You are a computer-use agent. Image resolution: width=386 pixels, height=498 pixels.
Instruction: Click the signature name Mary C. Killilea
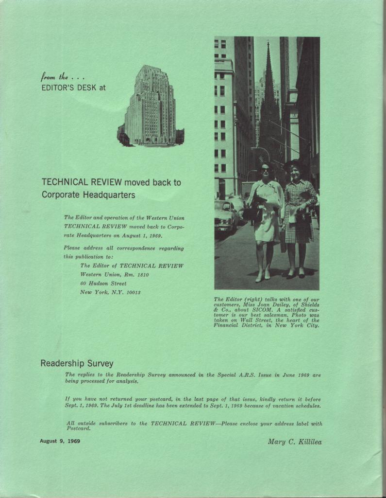[x=294, y=442]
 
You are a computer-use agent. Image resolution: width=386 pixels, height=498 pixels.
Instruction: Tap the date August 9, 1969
[x=60, y=441]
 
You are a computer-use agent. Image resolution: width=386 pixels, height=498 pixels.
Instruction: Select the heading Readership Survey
[x=77, y=363]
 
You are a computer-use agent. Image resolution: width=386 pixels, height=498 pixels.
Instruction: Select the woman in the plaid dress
[x=298, y=219]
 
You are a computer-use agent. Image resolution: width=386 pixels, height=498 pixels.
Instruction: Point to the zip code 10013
[x=131, y=292]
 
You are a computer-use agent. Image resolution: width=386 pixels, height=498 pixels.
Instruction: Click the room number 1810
[x=141, y=275]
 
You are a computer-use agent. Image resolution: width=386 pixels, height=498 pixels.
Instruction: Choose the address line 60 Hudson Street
[x=103, y=284]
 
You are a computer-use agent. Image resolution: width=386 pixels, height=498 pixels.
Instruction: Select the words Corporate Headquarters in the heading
[x=88, y=195]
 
